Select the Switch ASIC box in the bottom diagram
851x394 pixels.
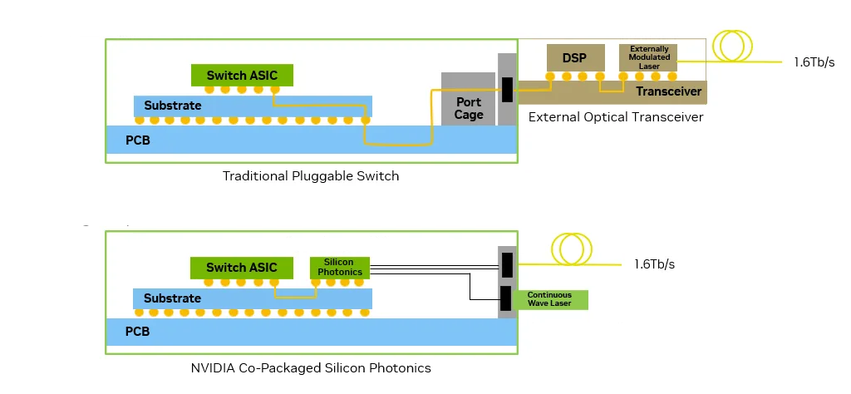[x=242, y=268]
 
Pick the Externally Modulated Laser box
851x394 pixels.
[x=649, y=57]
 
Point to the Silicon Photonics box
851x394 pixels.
[x=340, y=267]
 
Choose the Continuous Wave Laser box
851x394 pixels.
[x=550, y=299]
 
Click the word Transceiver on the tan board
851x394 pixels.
[x=669, y=91]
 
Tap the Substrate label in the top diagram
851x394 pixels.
[x=172, y=106]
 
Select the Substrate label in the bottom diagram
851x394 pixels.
[x=172, y=298]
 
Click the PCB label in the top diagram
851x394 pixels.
[x=137, y=140]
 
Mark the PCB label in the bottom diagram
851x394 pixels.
[x=137, y=332]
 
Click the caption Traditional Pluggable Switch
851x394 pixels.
[x=311, y=176]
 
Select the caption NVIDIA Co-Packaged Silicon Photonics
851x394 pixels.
[x=311, y=367]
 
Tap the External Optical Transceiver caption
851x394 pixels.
[x=616, y=117]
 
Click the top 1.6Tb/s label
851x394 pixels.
[x=814, y=62]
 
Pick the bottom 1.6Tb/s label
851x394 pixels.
[x=654, y=264]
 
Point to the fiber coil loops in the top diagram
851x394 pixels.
[x=733, y=47]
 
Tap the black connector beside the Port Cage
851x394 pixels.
[x=507, y=90]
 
